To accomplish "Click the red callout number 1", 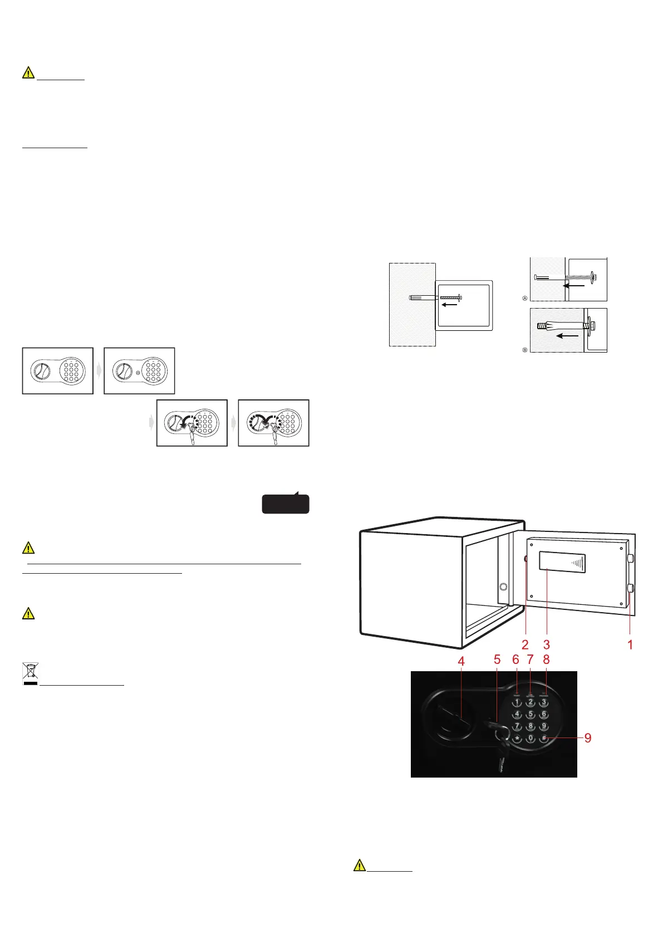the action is (630, 644).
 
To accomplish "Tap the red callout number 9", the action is (588, 738).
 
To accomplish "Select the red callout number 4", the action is (461, 662).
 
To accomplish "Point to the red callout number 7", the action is (530, 659).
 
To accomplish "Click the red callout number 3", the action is (547, 644).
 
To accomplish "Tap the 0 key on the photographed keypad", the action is (531, 739).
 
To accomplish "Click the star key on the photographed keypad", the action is (517, 739).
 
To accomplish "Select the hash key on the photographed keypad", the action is (544, 739).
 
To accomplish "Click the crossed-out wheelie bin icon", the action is (30, 673).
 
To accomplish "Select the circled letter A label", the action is (524, 299).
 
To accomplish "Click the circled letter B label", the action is (524, 350).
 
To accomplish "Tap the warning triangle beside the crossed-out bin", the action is (28, 614).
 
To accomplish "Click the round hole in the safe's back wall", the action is (503, 587).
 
